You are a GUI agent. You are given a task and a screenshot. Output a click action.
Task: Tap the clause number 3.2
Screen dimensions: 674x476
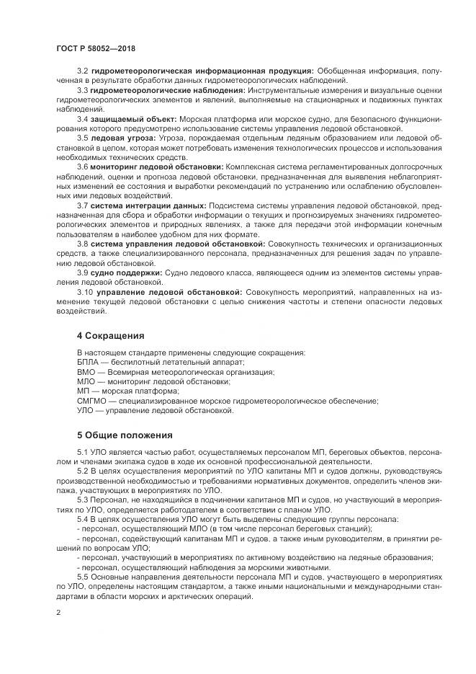pos(82,71)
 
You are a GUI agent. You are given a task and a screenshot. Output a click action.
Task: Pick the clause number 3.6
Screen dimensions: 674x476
pos(82,167)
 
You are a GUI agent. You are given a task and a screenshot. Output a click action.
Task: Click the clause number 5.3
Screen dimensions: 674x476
pos(82,500)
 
